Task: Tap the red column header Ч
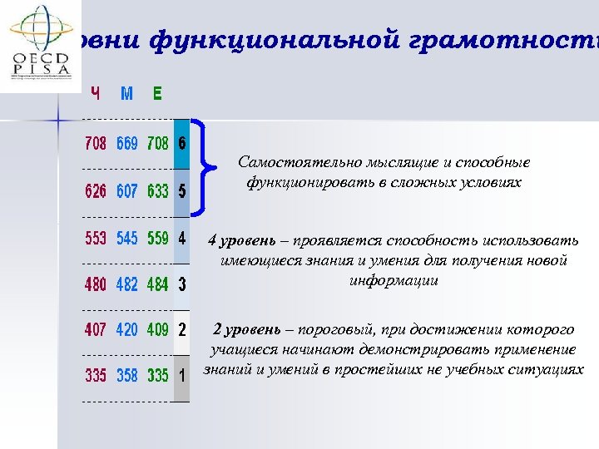[96, 93]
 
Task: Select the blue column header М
[126, 93]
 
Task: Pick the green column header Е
[157, 93]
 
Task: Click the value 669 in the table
[127, 144]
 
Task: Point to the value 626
[96, 191]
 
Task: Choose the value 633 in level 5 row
[158, 191]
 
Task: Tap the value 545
[127, 239]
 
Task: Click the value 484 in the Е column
[158, 284]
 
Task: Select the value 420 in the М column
[127, 330]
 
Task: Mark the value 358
[127, 376]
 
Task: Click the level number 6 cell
[182, 143]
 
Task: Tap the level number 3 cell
[182, 284]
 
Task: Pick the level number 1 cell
[182, 376]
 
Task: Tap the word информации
[394, 281]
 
